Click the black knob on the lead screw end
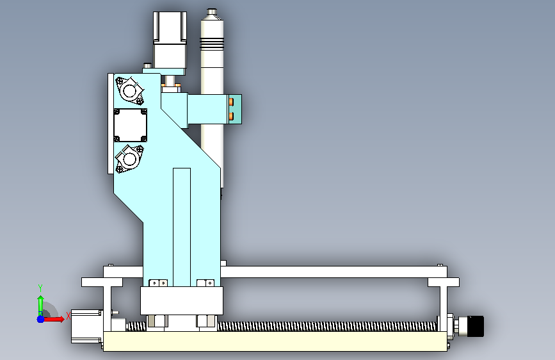(x=476, y=325)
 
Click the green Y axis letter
(x=40, y=288)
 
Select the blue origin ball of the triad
(x=40, y=319)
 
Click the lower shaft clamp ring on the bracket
(x=129, y=159)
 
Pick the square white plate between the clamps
(x=130, y=125)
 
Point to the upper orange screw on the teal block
(x=231, y=102)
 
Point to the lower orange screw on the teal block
(x=231, y=116)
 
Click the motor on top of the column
(x=170, y=42)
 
